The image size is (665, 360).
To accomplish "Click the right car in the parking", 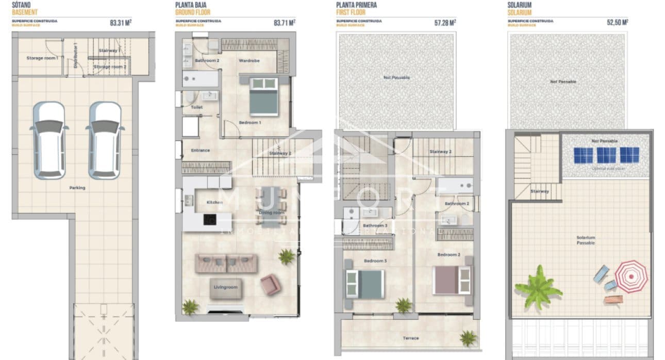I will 106,140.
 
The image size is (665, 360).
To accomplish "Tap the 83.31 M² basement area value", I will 121,23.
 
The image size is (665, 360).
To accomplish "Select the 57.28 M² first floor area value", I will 445,23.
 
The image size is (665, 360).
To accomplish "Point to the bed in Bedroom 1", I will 263,96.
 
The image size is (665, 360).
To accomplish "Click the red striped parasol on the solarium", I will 631,276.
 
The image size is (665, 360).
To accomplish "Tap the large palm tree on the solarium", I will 538,287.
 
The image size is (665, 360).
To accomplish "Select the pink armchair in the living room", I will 270,284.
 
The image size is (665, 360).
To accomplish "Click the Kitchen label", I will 214,202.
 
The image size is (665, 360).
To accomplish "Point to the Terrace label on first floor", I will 410,338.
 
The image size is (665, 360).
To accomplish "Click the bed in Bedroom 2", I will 453,280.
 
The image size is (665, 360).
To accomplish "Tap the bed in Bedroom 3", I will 364,284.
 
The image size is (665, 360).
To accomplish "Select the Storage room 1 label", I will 42,58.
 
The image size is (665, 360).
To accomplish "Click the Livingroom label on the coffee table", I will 226,287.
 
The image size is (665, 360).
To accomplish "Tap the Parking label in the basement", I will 77,188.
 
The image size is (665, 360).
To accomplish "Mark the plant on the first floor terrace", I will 468,338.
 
